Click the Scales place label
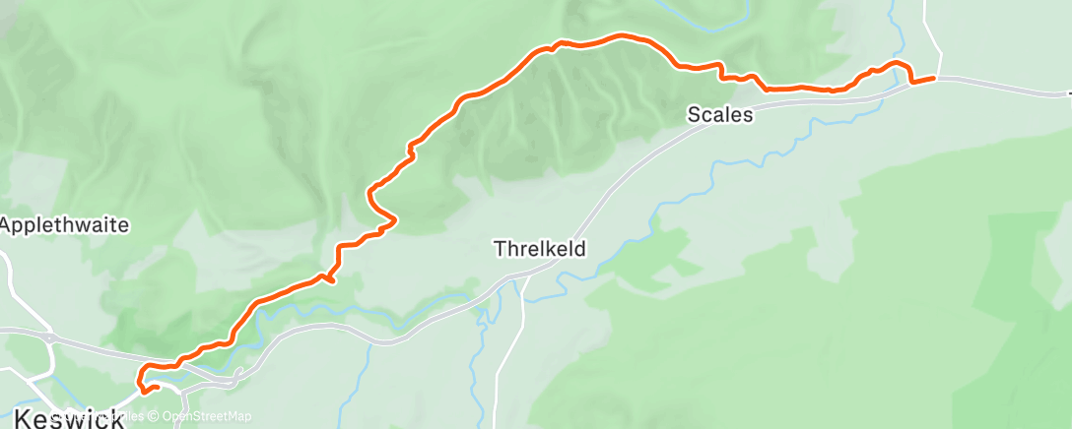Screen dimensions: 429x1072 [x=720, y=115]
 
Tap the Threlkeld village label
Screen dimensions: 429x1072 [x=540, y=250]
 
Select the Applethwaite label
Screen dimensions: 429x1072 [x=65, y=225]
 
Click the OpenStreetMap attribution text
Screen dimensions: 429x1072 [x=207, y=416]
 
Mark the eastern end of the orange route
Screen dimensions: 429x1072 [x=933, y=80]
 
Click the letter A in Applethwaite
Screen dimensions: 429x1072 [x=6, y=225]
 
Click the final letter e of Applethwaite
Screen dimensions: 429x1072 [x=125, y=225]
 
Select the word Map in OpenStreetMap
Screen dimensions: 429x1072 [x=237, y=416]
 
